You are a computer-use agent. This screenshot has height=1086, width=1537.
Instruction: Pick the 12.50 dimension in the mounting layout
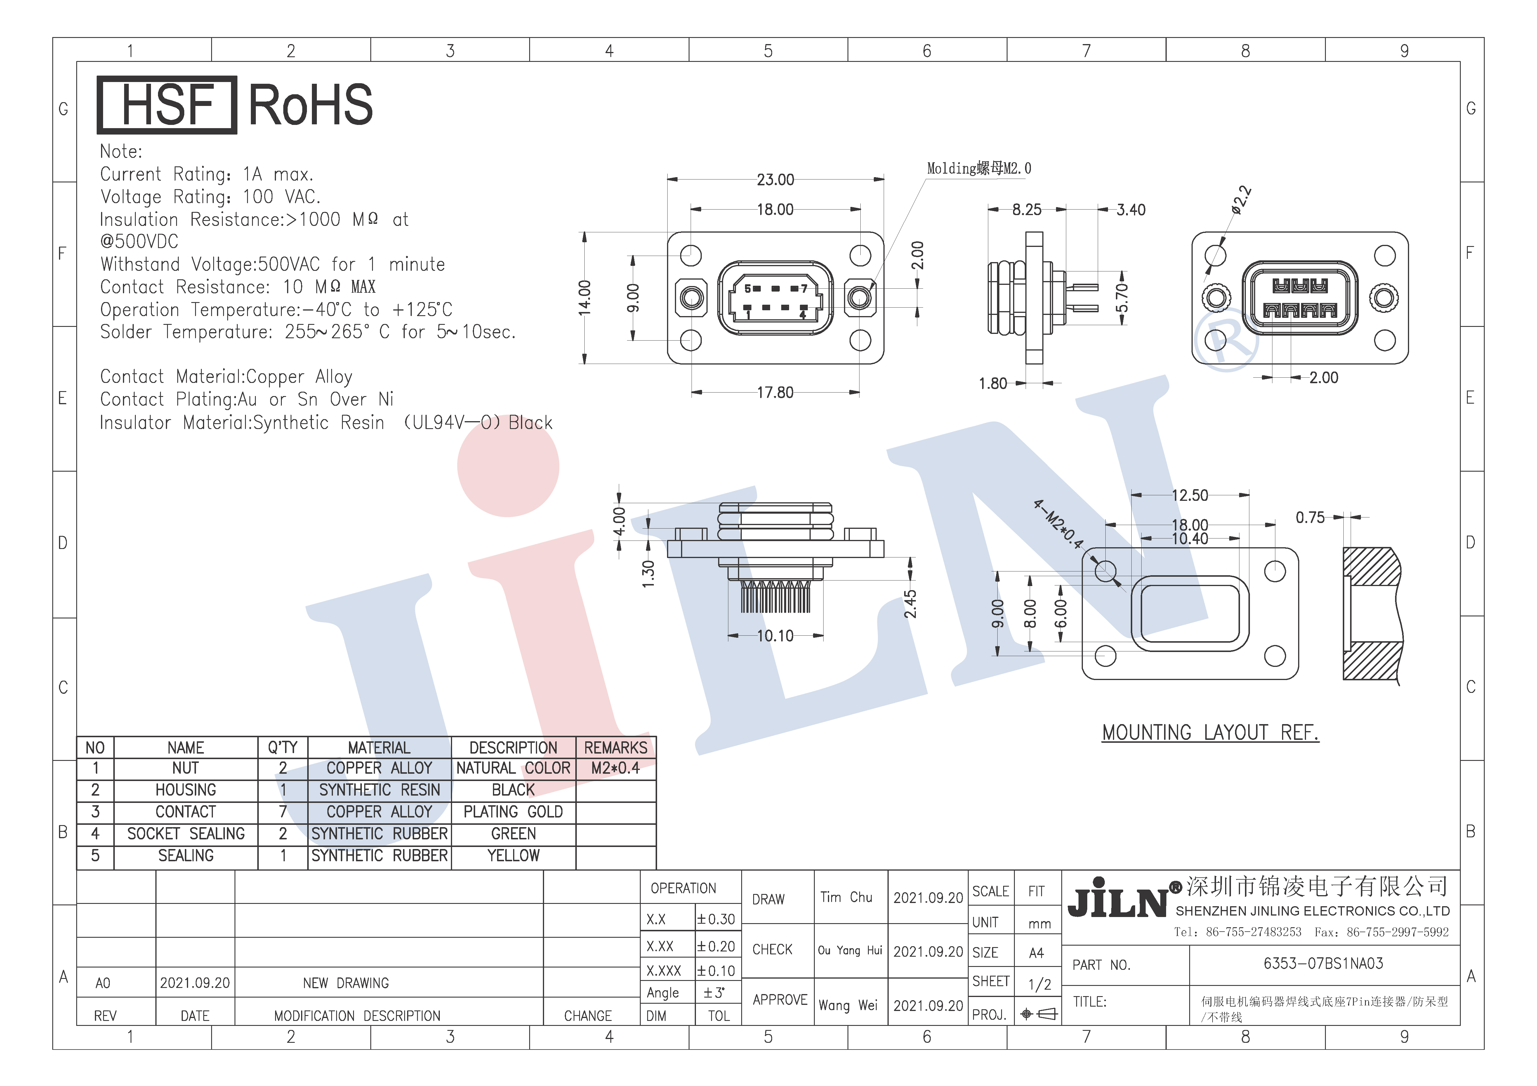click(x=1189, y=495)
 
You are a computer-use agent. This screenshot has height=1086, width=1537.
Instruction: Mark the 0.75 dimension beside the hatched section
click(x=1310, y=517)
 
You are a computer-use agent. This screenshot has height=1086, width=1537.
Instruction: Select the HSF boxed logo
click(x=167, y=105)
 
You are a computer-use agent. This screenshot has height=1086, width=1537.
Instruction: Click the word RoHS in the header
click(x=311, y=105)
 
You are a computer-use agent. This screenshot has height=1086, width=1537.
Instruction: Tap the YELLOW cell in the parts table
click(x=513, y=856)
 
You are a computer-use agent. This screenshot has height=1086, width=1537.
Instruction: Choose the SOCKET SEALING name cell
click(x=186, y=834)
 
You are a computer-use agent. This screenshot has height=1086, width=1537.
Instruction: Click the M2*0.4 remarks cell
click(x=615, y=768)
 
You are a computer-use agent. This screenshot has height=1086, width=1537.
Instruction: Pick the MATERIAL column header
click(x=379, y=747)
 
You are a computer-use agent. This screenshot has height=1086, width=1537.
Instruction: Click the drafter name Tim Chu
click(x=846, y=897)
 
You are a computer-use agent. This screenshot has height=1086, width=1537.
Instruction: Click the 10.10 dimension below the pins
click(x=775, y=636)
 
